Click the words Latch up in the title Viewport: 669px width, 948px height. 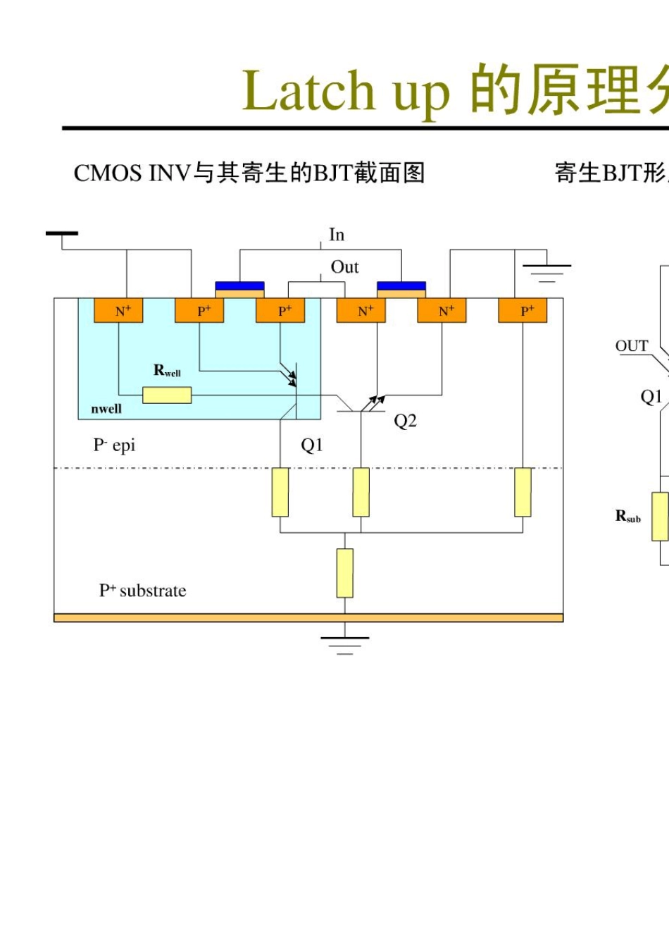(345, 92)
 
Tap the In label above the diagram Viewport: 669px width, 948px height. (337, 235)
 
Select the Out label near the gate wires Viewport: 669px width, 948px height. (344, 267)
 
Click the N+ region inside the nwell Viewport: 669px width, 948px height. (118, 310)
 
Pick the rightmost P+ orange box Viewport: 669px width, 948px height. (523, 310)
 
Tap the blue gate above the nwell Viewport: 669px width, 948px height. (239, 286)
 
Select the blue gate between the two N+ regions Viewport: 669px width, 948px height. (401, 286)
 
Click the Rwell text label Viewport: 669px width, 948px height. (167, 370)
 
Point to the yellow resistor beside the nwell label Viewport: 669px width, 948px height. (167, 395)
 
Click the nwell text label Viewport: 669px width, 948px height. (106, 409)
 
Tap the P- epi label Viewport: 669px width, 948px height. (114, 445)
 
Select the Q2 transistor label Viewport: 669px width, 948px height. (405, 421)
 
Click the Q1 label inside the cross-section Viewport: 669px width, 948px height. (311, 445)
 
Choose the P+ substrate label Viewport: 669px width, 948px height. (142, 591)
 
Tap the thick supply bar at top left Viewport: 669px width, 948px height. (62, 233)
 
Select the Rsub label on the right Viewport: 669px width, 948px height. (628, 517)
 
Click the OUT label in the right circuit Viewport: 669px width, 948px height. (632, 346)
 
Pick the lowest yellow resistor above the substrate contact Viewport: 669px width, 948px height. (344, 573)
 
